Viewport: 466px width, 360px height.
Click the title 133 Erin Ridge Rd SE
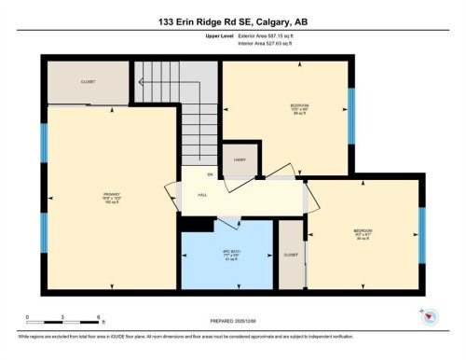pos(232,21)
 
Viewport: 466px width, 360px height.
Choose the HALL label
pos(202,196)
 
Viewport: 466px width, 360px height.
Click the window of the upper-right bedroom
pos(351,117)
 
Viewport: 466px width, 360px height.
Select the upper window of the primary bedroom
pos(43,144)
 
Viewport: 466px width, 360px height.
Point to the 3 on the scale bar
pos(62,319)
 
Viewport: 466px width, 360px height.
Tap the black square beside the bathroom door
pos(197,225)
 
